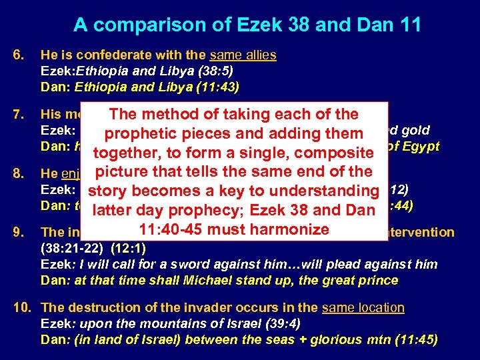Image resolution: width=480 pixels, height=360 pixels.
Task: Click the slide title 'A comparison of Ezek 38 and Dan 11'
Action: click(x=247, y=25)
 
